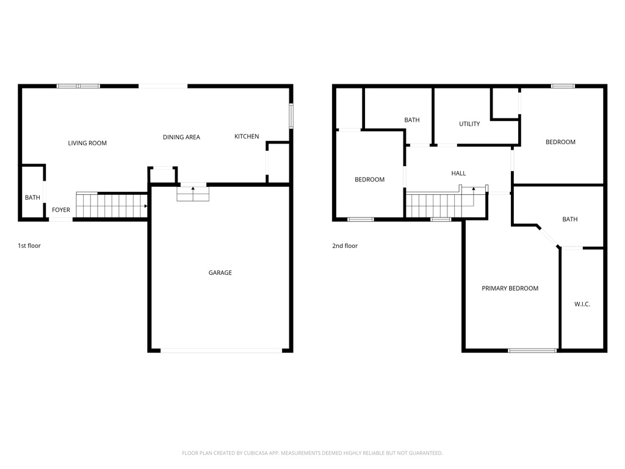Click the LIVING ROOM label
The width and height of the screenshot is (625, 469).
[x=87, y=144]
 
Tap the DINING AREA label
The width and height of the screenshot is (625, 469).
[x=181, y=137]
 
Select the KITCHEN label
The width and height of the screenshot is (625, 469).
[x=247, y=137]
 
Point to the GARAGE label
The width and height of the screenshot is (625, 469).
[x=220, y=273]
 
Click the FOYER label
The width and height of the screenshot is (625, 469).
[x=61, y=210]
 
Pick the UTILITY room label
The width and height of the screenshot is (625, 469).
[x=469, y=124]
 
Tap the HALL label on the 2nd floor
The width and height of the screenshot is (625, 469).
[x=458, y=173]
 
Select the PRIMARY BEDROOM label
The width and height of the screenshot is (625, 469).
[x=510, y=288]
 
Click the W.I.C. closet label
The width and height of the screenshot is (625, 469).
[x=582, y=304]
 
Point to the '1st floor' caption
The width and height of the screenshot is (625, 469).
[x=29, y=246]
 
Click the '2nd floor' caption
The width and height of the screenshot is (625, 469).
[x=345, y=246]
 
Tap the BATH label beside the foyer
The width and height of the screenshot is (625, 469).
[x=32, y=198]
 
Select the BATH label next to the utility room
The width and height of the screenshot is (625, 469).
[x=412, y=120]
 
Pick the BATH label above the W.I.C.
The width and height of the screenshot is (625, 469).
[x=569, y=219]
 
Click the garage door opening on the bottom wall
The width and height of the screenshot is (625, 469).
[x=221, y=351]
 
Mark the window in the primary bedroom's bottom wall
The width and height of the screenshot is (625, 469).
[x=532, y=351]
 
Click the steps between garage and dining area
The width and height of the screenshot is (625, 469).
[x=193, y=194]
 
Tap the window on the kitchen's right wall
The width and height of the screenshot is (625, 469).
[x=291, y=115]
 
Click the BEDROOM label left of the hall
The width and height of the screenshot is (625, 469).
[x=370, y=180]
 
